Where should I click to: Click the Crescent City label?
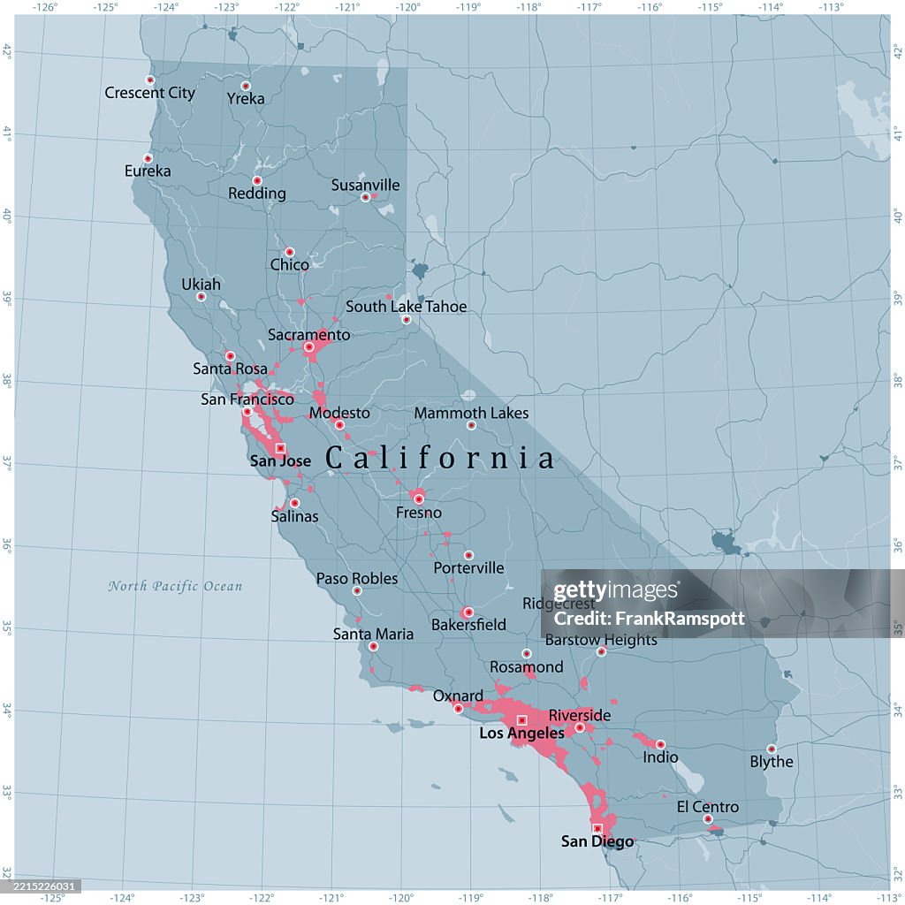pyautogui.click(x=149, y=93)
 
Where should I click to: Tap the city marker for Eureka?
pyautogui.click(x=148, y=158)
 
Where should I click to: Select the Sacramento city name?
pyautogui.click(x=309, y=335)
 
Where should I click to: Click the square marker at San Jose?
pyautogui.click(x=280, y=448)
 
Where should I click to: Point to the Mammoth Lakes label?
pyautogui.click(x=471, y=413)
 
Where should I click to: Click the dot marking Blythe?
pyautogui.click(x=772, y=749)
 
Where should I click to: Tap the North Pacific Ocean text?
pyautogui.click(x=175, y=586)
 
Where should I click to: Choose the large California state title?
pyautogui.click(x=441, y=458)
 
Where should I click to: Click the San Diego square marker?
pyautogui.click(x=597, y=828)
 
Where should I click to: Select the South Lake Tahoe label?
pyautogui.click(x=406, y=307)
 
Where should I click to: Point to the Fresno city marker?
pyautogui.click(x=419, y=499)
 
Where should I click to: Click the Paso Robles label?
pyautogui.click(x=357, y=579)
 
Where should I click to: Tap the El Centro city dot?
pyautogui.click(x=708, y=819)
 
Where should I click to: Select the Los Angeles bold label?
pyautogui.click(x=521, y=734)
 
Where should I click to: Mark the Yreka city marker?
pyautogui.click(x=246, y=86)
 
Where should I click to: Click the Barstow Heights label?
pyautogui.click(x=601, y=640)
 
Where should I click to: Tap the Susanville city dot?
pyautogui.click(x=365, y=197)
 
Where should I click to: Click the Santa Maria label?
pyautogui.click(x=373, y=634)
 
